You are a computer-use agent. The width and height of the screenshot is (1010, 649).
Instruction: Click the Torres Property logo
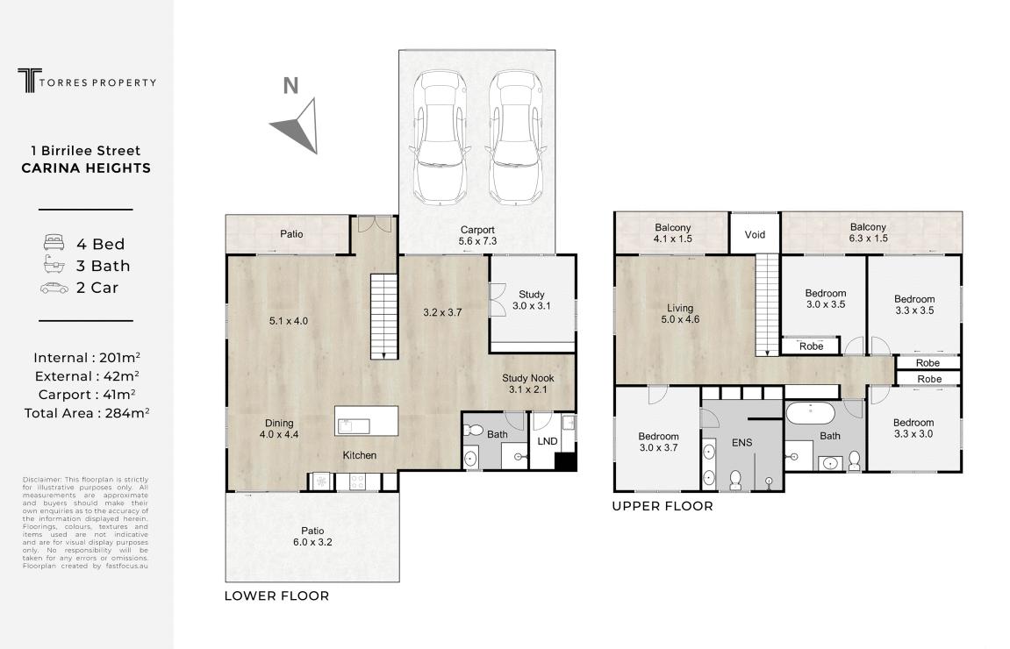pos(87,81)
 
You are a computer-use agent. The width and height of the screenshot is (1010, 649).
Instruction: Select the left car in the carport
pos(440,137)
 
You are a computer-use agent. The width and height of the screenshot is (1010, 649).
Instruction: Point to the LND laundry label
pos(548,441)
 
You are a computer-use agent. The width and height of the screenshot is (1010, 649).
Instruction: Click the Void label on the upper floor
pos(755,234)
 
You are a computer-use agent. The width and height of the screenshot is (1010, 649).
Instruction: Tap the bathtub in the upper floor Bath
pos(810,413)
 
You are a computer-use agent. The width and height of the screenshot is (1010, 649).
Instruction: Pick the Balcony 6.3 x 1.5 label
pos(869,232)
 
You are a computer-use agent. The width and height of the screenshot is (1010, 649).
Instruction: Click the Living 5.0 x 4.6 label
pos(680,314)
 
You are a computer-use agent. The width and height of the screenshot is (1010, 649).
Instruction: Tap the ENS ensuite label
pos(742,442)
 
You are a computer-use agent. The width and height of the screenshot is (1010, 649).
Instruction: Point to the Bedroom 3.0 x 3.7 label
pos(658,442)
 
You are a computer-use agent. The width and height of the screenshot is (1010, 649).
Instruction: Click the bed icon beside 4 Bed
pos(54,243)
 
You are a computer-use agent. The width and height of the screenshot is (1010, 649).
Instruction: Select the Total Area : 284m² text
pos(86,413)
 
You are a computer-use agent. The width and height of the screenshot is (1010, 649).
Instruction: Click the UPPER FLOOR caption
pos(663,506)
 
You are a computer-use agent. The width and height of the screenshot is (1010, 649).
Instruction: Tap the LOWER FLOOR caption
pos(276,596)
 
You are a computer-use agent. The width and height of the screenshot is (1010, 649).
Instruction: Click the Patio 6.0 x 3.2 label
pos(312,537)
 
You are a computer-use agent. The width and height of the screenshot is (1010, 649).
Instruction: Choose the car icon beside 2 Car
pos(54,288)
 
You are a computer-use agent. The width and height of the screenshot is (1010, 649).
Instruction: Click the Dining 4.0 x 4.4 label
pos(279,429)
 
